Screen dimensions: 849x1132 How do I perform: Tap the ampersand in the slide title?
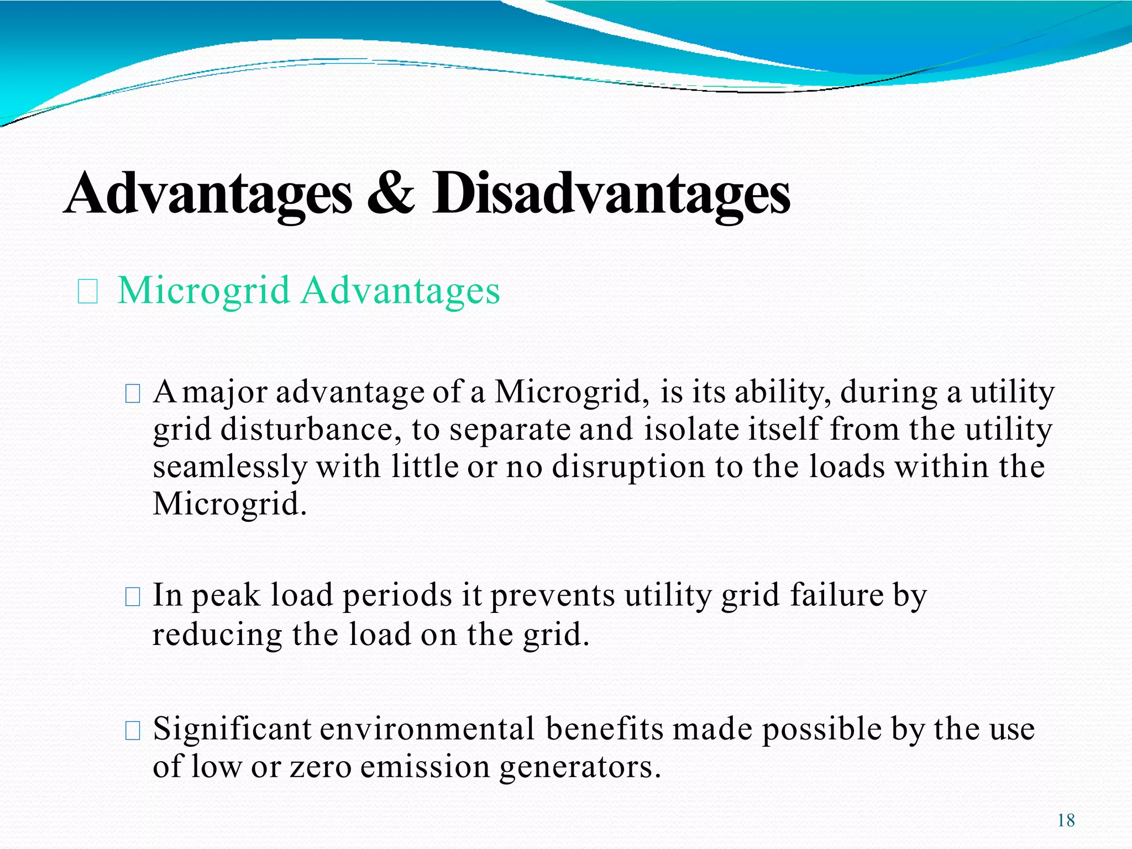pyautogui.click(x=391, y=193)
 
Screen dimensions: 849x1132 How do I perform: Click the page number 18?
pyautogui.click(x=1066, y=820)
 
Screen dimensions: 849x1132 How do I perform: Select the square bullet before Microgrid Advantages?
pyautogui.click(x=88, y=292)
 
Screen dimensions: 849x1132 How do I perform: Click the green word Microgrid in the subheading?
pyautogui.click(x=204, y=291)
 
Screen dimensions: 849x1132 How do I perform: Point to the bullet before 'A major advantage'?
pyautogui.click(x=133, y=394)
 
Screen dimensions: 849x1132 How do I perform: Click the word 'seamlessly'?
pyautogui.click(x=229, y=467)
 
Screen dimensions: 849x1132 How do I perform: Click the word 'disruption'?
pyautogui.click(x=628, y=467)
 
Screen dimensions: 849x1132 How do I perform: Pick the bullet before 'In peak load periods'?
pyautogui.click(x=133, y=597)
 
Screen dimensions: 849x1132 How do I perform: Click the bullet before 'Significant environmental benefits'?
pyautogui.click(x=133, y=731)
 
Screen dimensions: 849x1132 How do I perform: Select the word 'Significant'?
pyautogui.click(x=232, y=730)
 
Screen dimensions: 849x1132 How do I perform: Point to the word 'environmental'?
pyautogui.click(x=427, y=730)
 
